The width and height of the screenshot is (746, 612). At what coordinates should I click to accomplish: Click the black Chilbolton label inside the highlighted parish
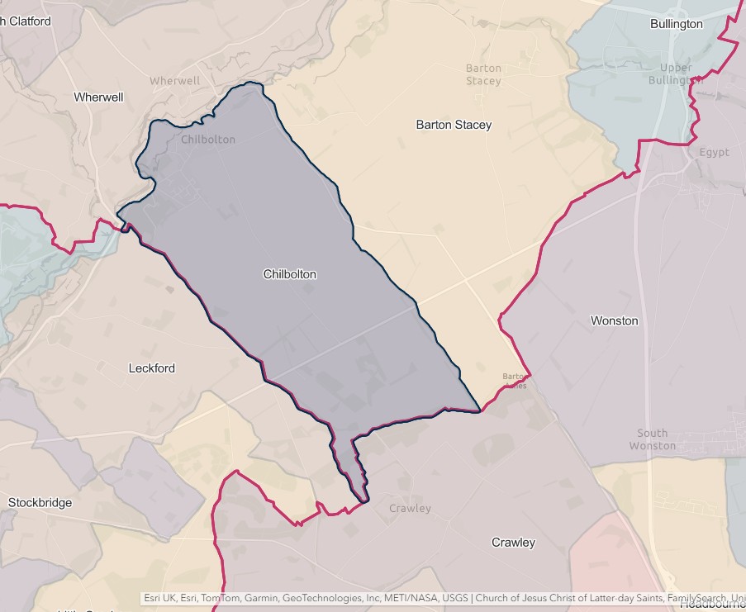click(289, 274)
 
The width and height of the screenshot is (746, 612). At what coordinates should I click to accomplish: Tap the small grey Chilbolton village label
click(207, 140)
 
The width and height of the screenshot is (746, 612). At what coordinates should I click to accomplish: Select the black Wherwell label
click(98, 97)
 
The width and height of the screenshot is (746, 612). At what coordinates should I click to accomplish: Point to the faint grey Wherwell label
click(174, 81)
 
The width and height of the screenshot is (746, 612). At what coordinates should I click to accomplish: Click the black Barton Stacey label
click(454, 125)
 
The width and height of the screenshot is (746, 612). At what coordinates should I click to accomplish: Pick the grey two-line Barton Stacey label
click(483, 74)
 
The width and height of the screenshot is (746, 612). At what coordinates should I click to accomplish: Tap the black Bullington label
click(676, 24)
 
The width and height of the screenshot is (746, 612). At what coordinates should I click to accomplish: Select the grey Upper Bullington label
click(682, 74)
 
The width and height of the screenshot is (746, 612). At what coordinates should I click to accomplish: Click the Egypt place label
click(714, 152)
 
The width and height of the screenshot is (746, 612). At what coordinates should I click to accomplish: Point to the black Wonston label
click(614, 320)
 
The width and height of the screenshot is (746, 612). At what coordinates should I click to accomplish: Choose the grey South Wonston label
click(652, 439)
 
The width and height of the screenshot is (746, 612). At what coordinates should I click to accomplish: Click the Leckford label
click(152, 368)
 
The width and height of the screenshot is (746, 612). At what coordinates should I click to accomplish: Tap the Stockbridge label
click(40, 502)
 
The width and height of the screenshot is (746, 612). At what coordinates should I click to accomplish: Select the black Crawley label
click(513, 543)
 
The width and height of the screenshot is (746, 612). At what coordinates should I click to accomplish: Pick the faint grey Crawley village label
click(410, 509)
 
